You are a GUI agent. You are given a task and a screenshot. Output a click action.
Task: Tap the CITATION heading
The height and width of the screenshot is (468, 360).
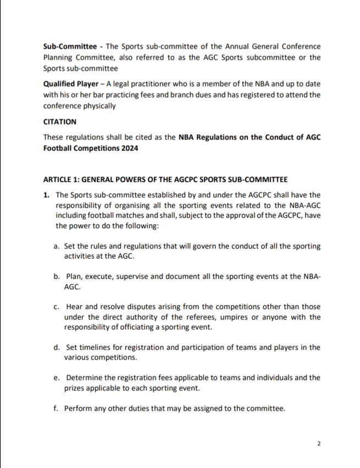(59, 122)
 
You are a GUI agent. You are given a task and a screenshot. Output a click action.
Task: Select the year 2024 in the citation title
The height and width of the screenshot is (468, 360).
(128, 148)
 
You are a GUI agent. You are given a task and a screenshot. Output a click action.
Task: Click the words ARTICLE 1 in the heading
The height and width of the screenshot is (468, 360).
(62, 179)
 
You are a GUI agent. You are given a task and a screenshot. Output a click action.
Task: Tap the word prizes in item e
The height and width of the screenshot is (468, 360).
(75, 388)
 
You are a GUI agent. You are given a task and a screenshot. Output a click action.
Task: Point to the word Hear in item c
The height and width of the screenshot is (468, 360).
(74, 307)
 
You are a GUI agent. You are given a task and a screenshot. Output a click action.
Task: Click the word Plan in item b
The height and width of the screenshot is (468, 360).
(74, 277)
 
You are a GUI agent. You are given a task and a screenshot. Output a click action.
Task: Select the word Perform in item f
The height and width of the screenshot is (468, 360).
(79, 409)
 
